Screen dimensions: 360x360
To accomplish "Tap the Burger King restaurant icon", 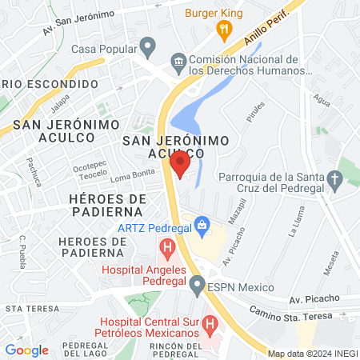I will [224, 30].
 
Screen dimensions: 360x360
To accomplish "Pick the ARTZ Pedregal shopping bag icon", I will [202, 224].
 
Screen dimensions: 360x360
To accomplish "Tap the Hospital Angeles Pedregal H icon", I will [166, 248].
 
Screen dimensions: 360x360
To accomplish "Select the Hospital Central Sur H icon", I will [210, 325].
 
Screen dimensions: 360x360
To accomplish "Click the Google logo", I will [26, 350].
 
